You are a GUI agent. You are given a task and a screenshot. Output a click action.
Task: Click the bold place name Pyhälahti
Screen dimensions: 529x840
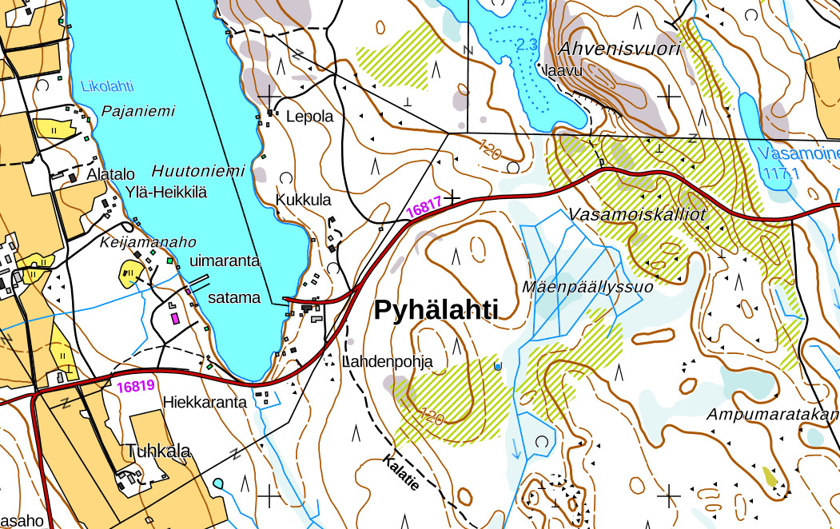(x=436, y=311)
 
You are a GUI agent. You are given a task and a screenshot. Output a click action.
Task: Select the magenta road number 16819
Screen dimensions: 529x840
(x=134, y=386)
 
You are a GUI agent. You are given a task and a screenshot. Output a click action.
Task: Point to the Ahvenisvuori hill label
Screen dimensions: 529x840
(x=619, y=49)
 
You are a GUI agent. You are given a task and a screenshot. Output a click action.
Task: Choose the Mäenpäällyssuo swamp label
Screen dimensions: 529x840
(x=587, y=285)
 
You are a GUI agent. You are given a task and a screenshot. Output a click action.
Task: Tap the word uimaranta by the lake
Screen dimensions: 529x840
(x=225, y=261)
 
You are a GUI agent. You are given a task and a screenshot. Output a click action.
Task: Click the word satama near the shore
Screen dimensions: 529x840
(x=233, y=297)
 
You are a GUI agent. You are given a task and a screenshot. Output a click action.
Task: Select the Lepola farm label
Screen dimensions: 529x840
(x=309, y=116)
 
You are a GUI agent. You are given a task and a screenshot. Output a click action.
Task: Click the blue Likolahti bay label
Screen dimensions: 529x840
(x=107, y=86)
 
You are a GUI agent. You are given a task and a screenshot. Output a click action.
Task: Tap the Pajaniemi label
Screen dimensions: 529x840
(x=137, y=111)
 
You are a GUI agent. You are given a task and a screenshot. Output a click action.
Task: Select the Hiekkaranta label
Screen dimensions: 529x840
(x=205, y=402)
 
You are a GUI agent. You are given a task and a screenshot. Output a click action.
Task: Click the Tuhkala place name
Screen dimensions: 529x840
(x=158, y=451)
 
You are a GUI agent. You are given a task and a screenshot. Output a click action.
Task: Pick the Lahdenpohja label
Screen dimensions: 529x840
(x=388, y=362)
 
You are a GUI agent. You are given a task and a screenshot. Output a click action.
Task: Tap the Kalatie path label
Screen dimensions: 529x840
(x=400, y=472)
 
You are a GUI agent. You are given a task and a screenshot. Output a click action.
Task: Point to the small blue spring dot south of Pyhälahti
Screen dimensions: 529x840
(x=498, y=366)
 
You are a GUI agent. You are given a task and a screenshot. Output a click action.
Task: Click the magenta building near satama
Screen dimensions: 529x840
(x=174, y=318)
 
